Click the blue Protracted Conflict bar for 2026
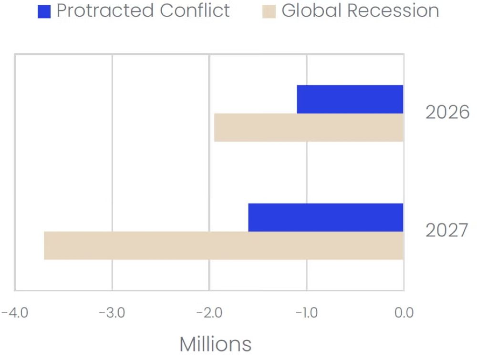(x=350, y=99)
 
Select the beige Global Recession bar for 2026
(x=309, y=127)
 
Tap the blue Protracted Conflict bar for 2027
(x=326, y=217)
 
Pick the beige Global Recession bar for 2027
(x=224, y=246)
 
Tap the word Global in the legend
(x=309, y=10)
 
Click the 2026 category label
(x=447, y=113)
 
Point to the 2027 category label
(x=447, y=231)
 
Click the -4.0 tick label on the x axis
(x=15, y=313)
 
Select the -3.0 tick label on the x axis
(x=112, y=313)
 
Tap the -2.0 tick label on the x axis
(x=209, y=313)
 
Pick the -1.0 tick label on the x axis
(x=307, y=313)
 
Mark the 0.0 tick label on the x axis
(x=404, y=313)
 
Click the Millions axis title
(x=215, y=343)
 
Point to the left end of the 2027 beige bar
(x=45, y=246)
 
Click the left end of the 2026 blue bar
(x=298, y=99)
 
